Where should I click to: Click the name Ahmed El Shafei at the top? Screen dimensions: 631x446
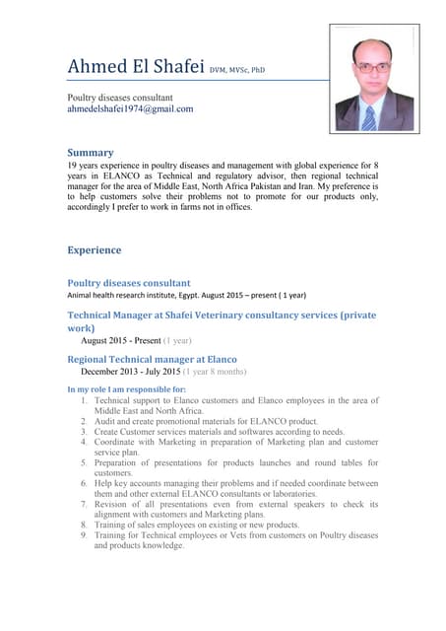coord(134,66)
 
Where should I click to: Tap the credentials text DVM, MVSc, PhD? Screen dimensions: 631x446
coord(236,70)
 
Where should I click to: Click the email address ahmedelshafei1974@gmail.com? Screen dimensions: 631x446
coord(130,109)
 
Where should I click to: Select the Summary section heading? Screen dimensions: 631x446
coord(91,153)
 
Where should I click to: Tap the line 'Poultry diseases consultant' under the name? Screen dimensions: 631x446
coord(120,98)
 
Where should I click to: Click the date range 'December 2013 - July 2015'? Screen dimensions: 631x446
coord(144,374)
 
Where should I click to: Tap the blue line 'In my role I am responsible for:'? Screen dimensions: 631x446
coord(126,390)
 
